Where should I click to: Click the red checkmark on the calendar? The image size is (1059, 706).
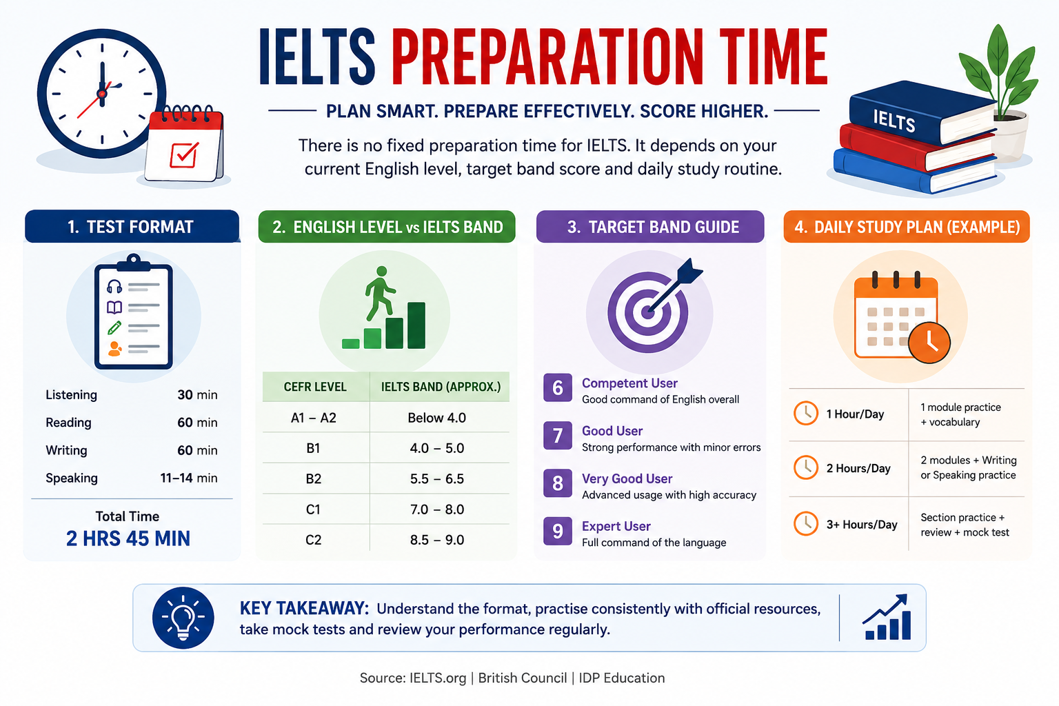(184, 154)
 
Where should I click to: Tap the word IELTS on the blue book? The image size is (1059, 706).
(894, 120)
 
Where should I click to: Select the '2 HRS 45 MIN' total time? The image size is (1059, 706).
(128, 538)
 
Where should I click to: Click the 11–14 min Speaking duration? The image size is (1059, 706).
(189, 478)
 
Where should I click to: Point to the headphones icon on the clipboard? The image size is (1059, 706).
(114, 287)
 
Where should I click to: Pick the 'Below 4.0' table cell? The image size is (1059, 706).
(437, 418)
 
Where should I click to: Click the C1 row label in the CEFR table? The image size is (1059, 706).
(313, 510)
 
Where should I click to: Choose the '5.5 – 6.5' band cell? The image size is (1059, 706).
(437, 479)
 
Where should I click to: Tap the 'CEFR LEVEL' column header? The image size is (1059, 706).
(315, 387)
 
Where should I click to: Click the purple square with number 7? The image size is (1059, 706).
(558, 435)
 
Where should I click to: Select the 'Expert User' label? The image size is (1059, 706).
(616, 526)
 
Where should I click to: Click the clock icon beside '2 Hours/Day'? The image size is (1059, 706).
(806, 467)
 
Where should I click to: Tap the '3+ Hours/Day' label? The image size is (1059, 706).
(861, 525)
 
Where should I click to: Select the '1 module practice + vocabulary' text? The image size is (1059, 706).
(960, 415)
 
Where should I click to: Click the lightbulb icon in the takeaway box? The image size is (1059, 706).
(183, 618)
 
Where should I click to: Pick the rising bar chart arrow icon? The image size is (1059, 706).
(887, 617)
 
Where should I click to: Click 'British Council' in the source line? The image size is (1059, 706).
(523, 678)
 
